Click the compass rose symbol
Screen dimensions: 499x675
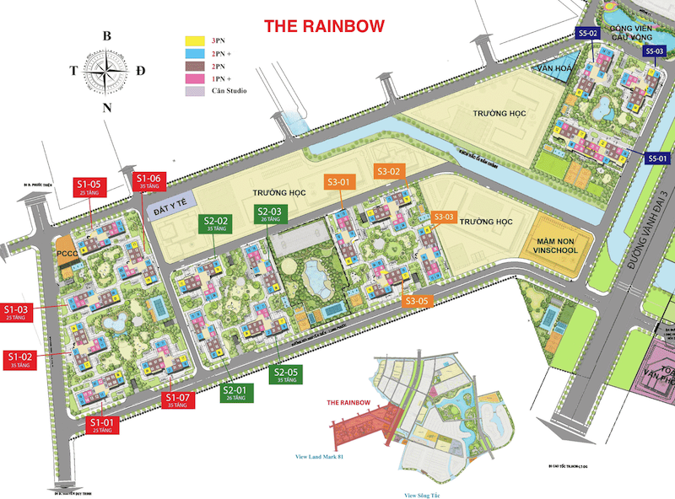(106, 71)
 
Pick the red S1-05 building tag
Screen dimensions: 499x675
(89, 186)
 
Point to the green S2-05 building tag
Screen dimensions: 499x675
(286, 375)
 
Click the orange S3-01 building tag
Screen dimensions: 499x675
(339, 181)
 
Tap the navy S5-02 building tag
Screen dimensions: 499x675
(588, 33)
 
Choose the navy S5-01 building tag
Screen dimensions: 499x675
(657, 158)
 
